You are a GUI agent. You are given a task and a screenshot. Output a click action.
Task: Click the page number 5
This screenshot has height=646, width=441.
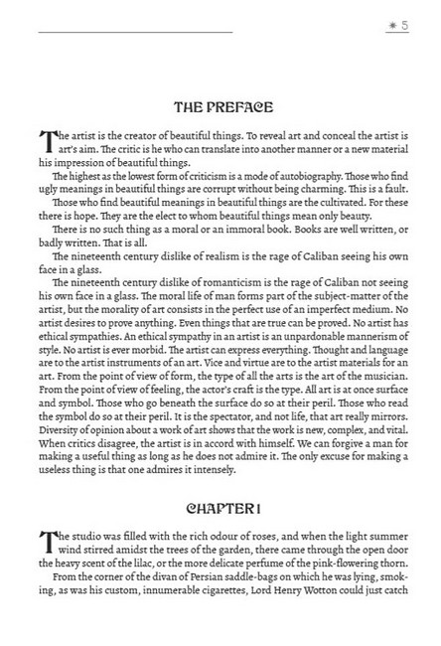[404, 25]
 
